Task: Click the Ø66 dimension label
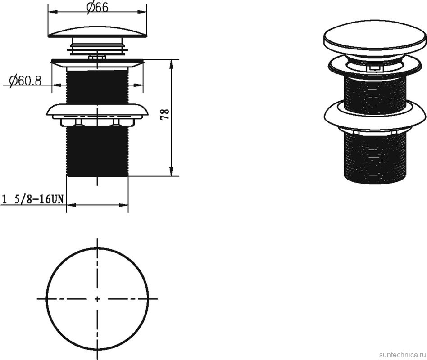point(97,7)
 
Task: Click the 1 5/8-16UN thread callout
point(33,199)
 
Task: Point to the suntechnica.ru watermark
point(402,355)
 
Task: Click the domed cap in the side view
point(98,31)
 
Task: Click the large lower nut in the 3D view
point(374,116)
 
